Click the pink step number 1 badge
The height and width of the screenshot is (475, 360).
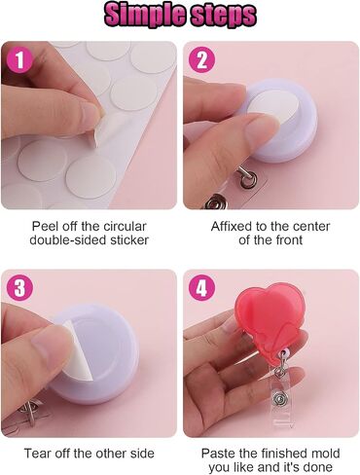click(19, 60)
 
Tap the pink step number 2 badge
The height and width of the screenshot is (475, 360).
click(202, 60)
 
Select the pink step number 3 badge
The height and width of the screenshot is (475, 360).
click(19, 288)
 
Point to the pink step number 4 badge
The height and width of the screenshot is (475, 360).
click(202, 288)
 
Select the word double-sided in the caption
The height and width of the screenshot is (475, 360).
click(67, 240)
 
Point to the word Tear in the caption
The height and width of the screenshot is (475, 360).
click(37, 454)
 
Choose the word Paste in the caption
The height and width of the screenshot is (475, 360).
click(218, 454)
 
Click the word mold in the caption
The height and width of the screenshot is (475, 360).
click(325, 454)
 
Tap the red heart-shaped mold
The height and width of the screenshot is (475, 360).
click(271, 319)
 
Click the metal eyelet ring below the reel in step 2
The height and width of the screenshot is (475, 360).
click(248, 177)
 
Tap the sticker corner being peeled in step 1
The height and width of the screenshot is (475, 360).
click(96, 138)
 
